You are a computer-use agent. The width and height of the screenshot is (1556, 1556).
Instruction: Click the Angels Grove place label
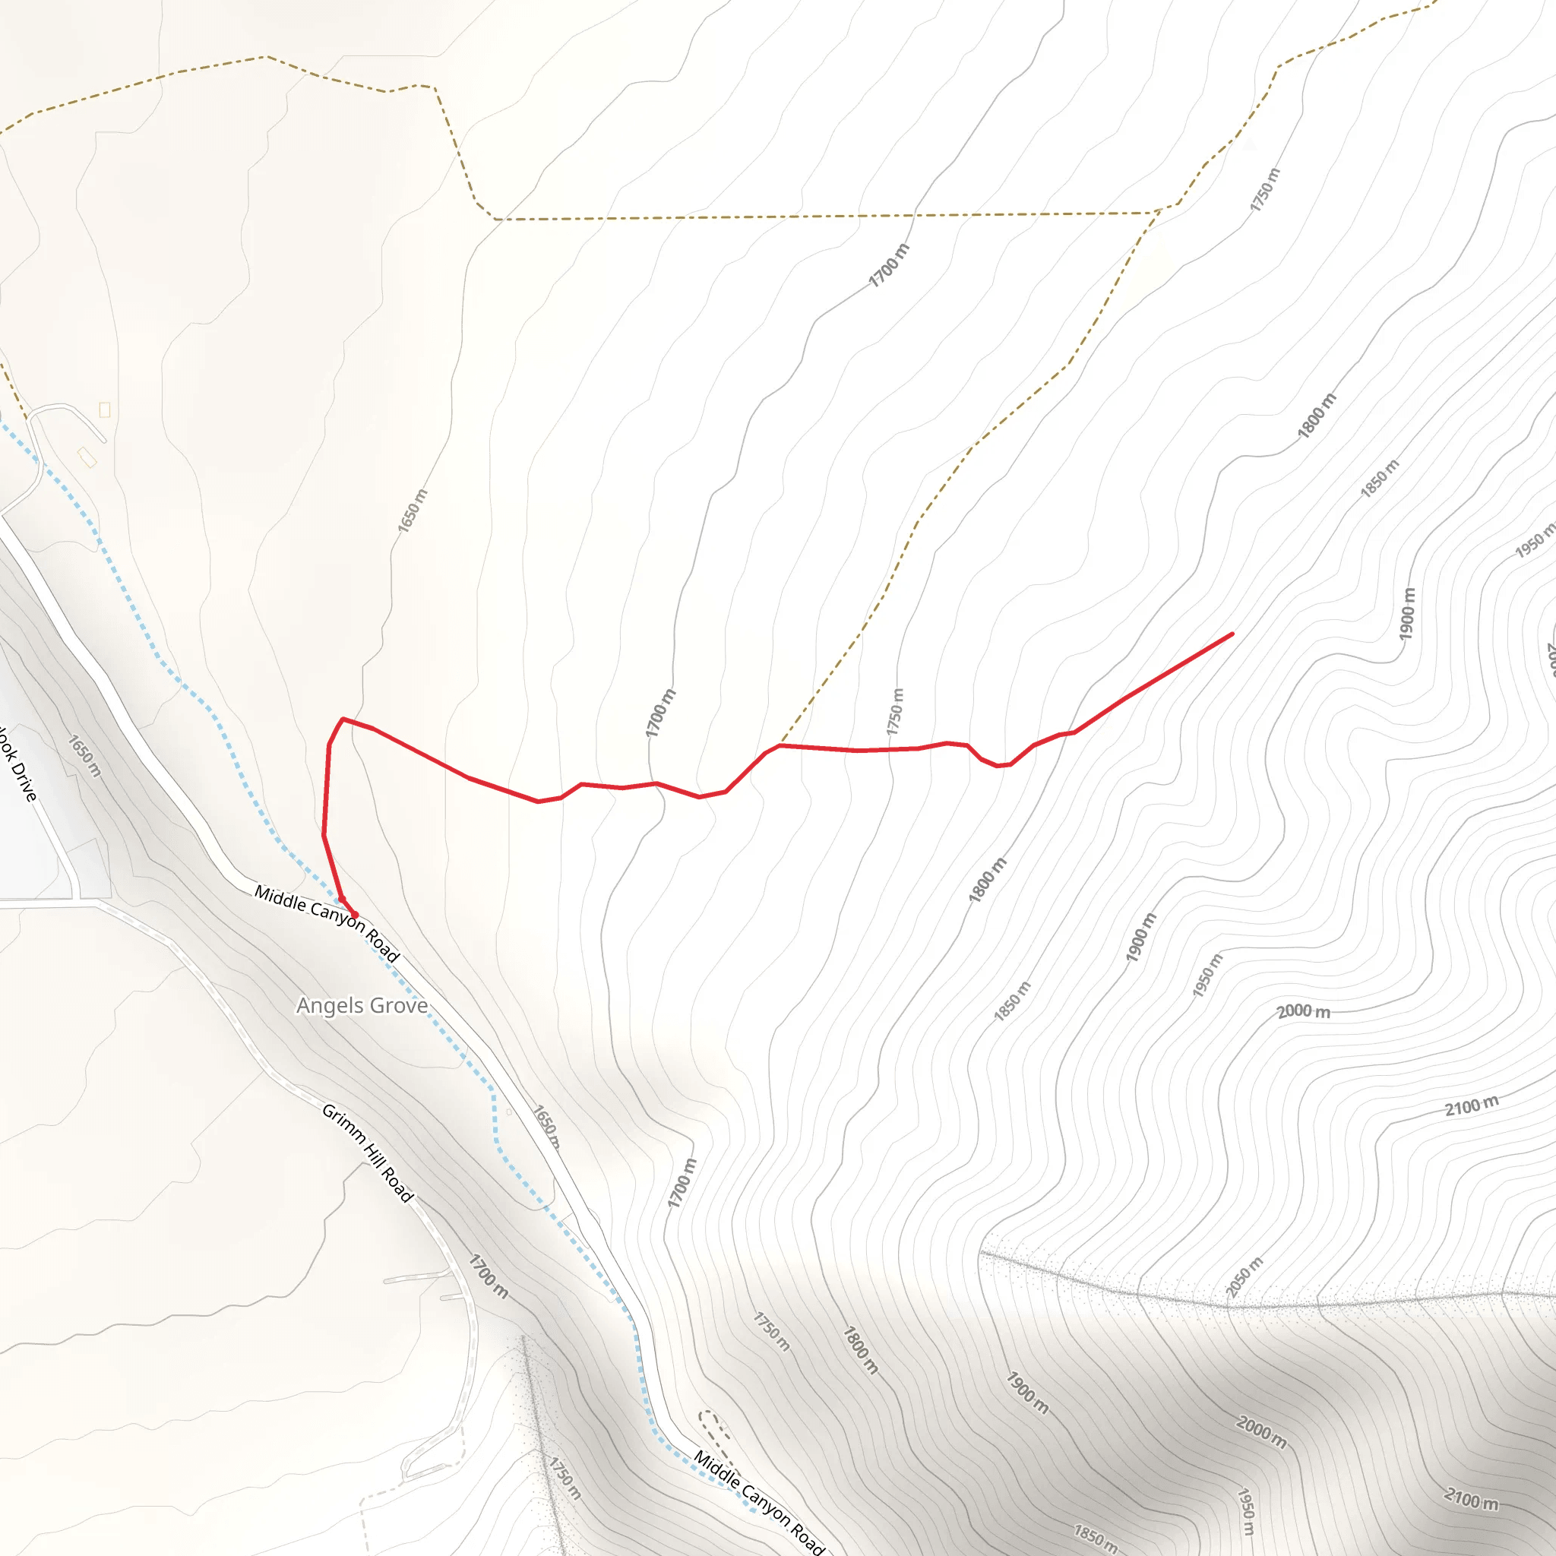point(362,1005)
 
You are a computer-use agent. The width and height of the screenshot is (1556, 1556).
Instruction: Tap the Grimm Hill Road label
point(367,1153)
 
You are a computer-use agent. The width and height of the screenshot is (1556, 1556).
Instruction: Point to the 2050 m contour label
point(1244,1276)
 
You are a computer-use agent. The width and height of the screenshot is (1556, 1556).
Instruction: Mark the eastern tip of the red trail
point(1232,634)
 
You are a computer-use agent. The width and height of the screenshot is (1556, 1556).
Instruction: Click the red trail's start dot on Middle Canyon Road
point(354,914)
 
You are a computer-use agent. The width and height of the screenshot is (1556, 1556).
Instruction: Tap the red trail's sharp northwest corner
point(343,719)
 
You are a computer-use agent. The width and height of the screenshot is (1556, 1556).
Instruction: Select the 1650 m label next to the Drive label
point(84,755)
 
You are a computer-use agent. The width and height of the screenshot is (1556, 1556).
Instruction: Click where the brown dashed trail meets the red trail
point(780,746)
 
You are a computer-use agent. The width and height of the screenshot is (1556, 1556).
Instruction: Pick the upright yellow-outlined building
point(105,410)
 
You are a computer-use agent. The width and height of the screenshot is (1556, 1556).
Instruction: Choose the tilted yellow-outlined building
point(87,457)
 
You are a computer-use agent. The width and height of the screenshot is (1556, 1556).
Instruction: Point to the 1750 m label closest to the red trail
point(896,711)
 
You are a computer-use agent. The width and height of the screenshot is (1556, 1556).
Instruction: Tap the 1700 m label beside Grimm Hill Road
point(489,1276)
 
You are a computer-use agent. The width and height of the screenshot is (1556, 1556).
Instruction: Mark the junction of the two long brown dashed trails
point(1158,213)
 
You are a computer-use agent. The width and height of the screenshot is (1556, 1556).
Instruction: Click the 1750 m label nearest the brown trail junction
point(1264,190)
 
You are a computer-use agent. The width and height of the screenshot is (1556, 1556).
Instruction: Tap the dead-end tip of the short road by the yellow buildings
point(105,441)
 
